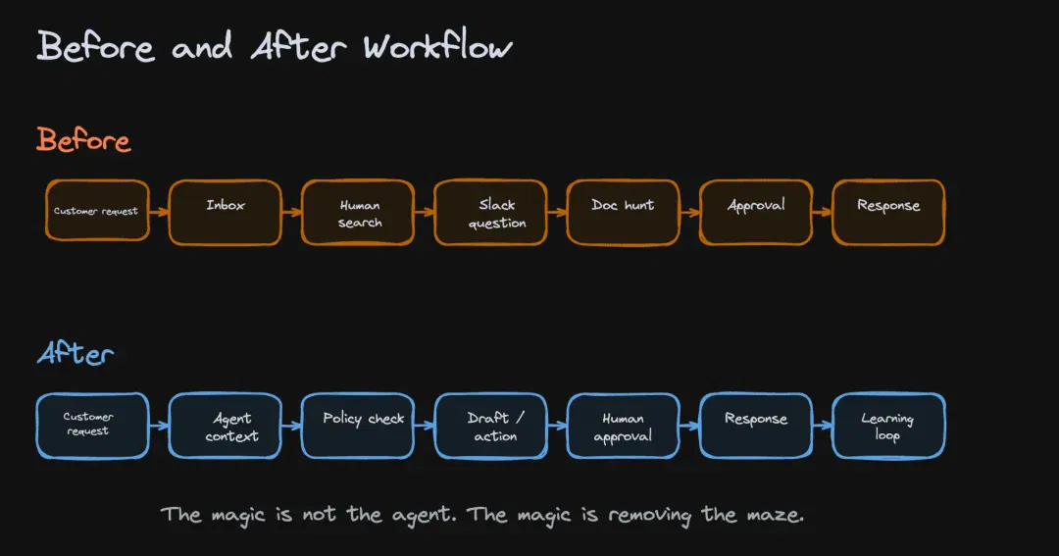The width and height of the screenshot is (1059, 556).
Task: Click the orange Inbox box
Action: [225, 212]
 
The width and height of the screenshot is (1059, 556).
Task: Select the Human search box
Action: [358, 212]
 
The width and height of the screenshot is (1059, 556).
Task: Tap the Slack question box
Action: [490, 212]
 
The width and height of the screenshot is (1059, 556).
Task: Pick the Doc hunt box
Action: [623, 212]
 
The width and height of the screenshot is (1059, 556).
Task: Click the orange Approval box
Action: [756, 212]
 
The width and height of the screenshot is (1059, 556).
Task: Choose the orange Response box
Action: [888, 212]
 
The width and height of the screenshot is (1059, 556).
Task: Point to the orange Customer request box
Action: [97, 210]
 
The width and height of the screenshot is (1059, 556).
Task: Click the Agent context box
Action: [225, 426]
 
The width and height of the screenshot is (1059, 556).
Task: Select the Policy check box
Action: [358, 426]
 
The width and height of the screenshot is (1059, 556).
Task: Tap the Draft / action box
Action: [490, 426]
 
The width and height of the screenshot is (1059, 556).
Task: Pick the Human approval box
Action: [623, 426]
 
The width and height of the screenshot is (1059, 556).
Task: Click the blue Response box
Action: [756, 426]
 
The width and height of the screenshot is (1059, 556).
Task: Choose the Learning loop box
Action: [888, 426]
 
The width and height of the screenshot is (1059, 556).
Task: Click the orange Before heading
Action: [83, 140]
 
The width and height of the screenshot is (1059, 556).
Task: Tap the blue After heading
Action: [75, 353]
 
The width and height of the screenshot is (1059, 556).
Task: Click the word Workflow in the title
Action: [437, 47]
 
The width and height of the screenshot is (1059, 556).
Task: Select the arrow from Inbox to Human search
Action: [292, 212]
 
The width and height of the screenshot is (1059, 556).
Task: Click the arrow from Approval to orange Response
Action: [822, 212]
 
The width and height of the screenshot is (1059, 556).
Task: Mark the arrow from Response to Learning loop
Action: [822, 426]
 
